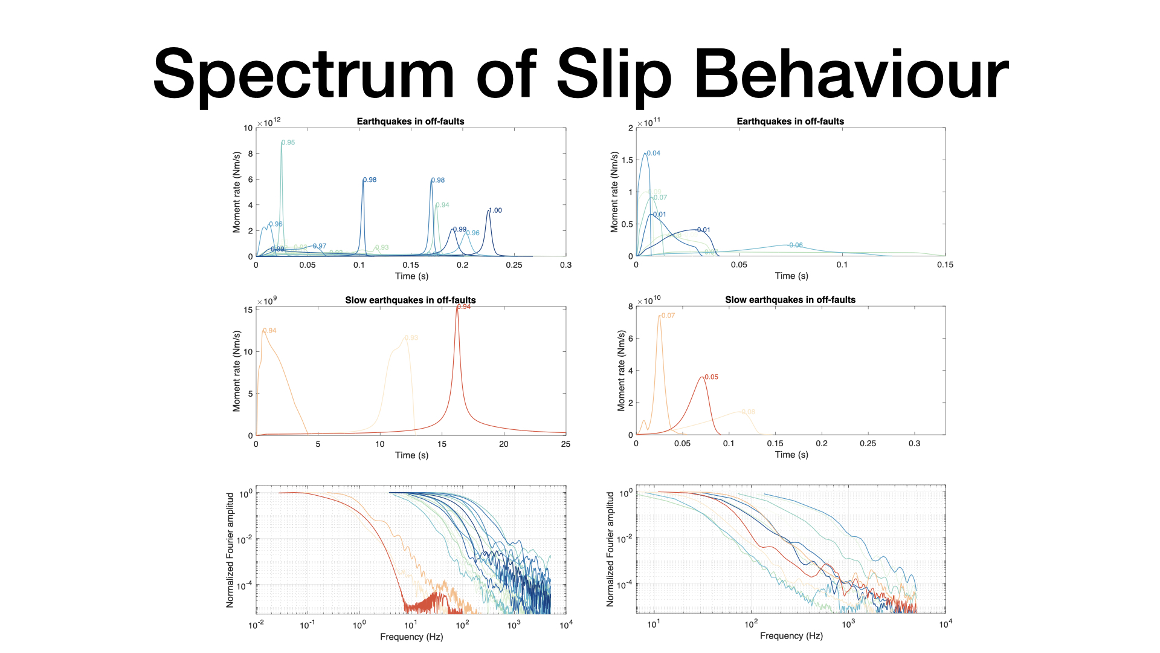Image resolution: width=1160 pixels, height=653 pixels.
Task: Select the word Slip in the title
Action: [613, 76]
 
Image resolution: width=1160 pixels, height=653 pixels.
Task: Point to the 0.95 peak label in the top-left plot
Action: [288, 143]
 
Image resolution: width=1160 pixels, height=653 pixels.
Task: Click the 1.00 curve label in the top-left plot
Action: [495, 210]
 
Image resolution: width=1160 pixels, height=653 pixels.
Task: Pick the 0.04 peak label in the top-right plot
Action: [654, 154]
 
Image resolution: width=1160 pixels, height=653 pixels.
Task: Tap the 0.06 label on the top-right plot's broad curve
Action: [796, 245]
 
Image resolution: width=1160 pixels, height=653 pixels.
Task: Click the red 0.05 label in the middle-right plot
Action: [712, 377]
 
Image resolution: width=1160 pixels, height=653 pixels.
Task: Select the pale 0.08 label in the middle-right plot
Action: [749, 412]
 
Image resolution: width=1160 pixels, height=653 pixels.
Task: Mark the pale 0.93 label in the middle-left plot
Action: [411, 338]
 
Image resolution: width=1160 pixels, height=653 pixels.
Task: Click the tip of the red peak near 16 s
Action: [457, 308]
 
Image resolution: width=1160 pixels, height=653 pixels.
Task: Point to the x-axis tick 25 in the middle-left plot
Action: [565, 444]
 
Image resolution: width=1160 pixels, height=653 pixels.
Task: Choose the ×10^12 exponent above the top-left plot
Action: [269, 122]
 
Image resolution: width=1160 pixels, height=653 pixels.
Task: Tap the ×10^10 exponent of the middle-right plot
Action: [649, 301]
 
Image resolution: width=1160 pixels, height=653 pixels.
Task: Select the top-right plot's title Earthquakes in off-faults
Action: [790, 122]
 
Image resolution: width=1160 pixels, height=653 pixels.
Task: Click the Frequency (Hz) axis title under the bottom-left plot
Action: [411, 637]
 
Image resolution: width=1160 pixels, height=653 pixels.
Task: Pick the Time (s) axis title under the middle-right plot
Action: [791, 455]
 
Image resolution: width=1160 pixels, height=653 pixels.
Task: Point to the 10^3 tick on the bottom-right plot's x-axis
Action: [848, 624]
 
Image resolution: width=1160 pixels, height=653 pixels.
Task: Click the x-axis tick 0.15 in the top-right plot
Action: [945, 265]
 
